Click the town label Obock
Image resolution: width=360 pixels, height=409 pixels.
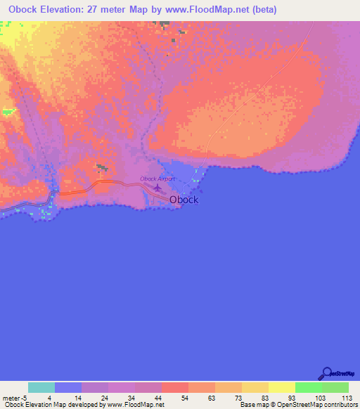184,200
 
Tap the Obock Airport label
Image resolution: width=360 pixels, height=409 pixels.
157,178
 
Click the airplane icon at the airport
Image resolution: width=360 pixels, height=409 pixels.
157,187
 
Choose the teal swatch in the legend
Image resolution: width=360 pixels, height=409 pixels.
41,387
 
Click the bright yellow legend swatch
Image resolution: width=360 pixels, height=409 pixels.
282,387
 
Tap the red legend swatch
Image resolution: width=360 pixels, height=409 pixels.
175,387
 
